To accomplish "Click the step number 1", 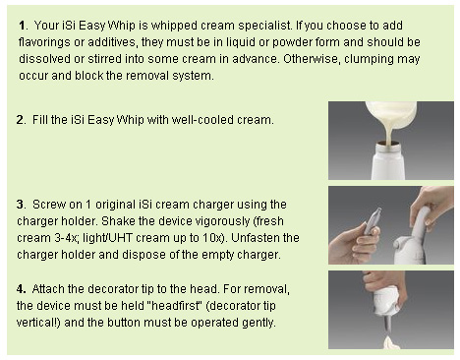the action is click(23, 26).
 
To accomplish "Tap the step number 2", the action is click(21, 120).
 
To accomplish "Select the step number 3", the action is click(21, 205).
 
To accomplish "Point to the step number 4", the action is click(21, 289).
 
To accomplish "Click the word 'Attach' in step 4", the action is click(48, 289).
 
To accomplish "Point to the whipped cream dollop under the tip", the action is click(392, 343).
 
